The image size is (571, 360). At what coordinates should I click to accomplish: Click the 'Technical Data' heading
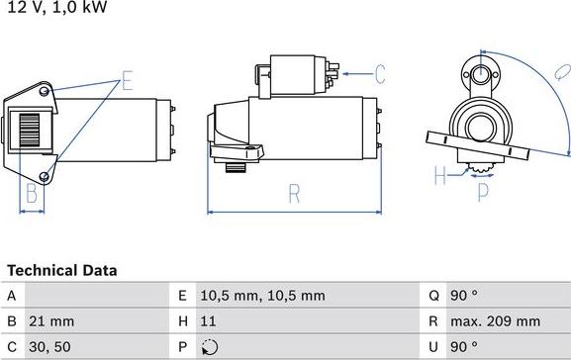pyautogui.click(x=62, y=270)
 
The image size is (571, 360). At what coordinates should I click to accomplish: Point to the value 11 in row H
pyautogui.click(x=208, y=321)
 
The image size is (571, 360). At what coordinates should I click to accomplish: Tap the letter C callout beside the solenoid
pyautogui.click(x=379, y=72)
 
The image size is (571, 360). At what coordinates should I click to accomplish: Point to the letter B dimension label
pyautogui.click(x=31, y=192)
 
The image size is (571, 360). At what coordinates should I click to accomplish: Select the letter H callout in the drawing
pyautogui.click(x=440, y=176)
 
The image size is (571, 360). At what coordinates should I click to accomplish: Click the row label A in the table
pyautogui.click(x=11, y=295)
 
